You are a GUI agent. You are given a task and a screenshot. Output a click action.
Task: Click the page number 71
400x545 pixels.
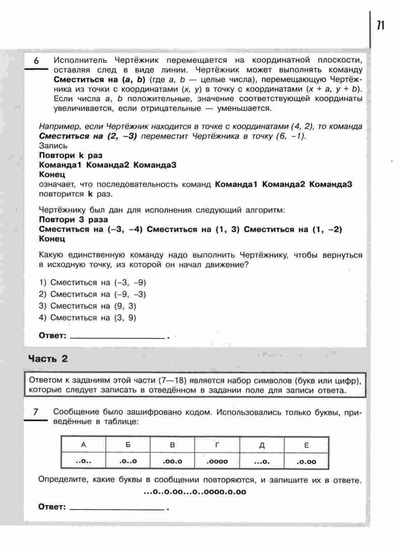click(380, 25)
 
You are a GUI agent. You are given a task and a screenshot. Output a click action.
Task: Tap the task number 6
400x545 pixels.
click(36, 61)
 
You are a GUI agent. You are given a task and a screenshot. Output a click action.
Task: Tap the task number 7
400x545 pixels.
click(35, 412)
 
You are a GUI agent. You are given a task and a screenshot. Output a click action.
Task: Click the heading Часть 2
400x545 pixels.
click(48, 359)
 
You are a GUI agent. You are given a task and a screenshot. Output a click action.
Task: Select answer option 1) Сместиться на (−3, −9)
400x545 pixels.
click(93, 283)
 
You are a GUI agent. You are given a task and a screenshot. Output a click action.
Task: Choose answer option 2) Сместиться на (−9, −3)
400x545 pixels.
click(93, 294)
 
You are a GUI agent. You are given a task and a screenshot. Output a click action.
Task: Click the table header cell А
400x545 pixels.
click(83, 445)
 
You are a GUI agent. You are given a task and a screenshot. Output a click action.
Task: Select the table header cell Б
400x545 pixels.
click(128, 445)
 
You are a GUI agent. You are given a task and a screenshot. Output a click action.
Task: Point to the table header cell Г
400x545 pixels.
click(217, 445)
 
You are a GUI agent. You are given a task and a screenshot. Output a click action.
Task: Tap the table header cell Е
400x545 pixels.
click(306, 445)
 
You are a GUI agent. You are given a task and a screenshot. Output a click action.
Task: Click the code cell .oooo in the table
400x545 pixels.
click(217, 461)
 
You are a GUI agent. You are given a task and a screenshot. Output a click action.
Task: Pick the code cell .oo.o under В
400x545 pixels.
click(172, 461)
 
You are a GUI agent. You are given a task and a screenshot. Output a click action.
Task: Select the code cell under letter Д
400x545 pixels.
click(262, 461)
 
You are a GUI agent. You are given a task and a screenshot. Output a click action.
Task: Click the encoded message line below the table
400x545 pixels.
click(195, 492)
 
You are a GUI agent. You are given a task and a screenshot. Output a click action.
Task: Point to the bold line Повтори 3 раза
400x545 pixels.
click(73, 219)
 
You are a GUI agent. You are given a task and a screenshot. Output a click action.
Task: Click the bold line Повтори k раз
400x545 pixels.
click(71, 155)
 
